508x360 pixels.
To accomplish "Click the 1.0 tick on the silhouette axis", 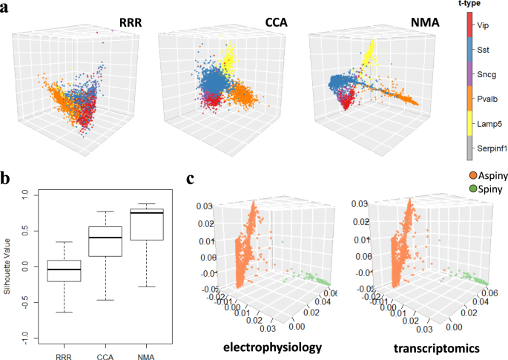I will [x=25, y=194].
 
